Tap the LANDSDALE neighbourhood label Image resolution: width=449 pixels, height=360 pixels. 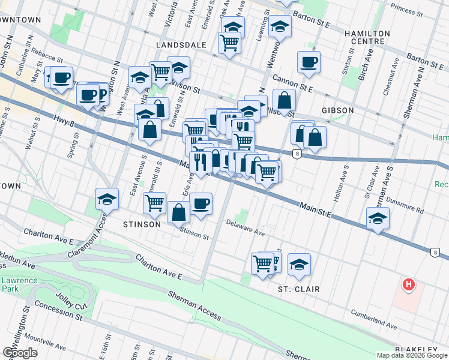point(181,46)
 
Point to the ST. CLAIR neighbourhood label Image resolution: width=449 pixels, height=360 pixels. point(298,289)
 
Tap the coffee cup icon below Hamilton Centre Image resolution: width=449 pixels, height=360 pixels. point(309,62)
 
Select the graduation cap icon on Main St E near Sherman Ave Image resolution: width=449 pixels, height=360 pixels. point(378,218)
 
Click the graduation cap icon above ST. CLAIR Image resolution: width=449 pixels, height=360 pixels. point(299,264)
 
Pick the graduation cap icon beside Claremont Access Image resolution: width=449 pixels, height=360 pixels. point(107,199)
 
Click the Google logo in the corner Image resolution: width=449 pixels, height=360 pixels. point(20,353)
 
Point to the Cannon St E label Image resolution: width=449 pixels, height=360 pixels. point(293,83)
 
